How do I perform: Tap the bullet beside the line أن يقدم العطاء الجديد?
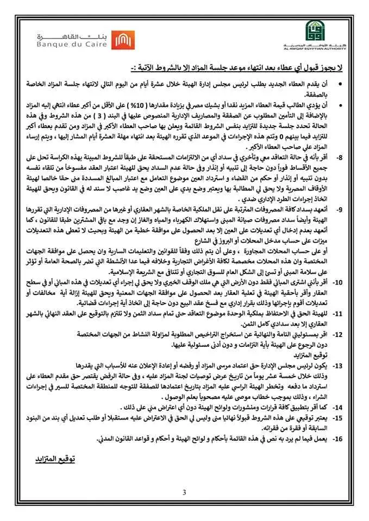(x=340, y=85)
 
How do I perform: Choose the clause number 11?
(x=337, y=314)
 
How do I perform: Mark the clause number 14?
(x=337, y=406)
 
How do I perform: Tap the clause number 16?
(x=337, y=439)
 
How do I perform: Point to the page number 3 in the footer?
(x=184, y=493)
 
